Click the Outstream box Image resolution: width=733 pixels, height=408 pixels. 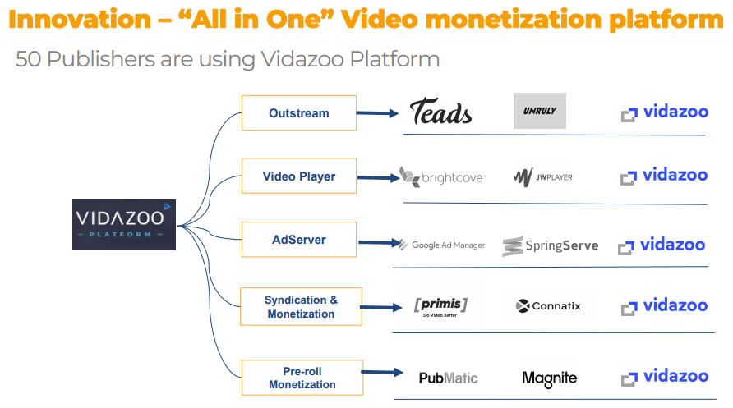[x=299, y=113]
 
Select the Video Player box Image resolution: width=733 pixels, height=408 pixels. [x=299, y=176]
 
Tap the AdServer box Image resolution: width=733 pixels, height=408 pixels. [x=299, y=240]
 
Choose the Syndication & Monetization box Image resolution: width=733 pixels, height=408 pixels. [x=301, y=307]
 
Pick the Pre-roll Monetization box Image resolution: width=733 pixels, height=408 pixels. [x=302, y=378]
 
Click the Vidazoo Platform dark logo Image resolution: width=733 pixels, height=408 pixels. [x=124, y=225]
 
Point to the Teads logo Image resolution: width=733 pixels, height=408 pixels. [x=440, y=112]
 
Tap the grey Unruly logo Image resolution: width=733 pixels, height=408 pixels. [x=539, y=111]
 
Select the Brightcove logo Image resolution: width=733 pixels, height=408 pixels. [x=442, y=177]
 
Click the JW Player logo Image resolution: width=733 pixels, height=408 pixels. [x=543, y=177]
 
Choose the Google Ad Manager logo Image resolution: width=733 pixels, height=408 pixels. [x=442, y=245]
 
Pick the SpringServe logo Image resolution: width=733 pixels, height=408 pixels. [x=551, y=246]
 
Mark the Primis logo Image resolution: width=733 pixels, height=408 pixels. [x=440, y=307]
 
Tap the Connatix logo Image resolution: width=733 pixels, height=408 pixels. [x=548, y=306]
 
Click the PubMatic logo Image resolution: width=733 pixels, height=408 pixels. [x=448, y=378]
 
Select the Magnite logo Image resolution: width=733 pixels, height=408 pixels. [x=549, y=378]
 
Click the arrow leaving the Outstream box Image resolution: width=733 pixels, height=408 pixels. [x=377, y=113]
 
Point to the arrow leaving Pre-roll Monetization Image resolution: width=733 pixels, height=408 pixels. [x=382, y=372]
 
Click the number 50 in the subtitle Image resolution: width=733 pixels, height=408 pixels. [x=28, y=59]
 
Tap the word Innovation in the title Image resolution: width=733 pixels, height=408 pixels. [x=80, y=20]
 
